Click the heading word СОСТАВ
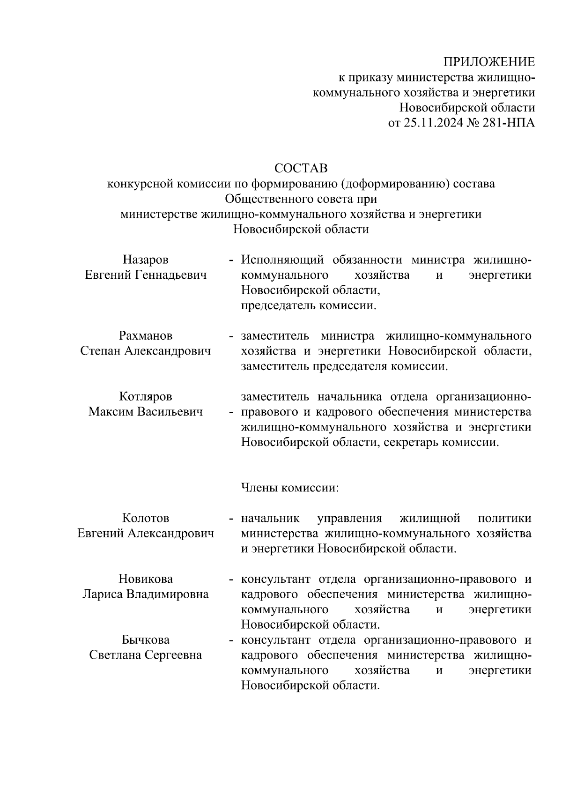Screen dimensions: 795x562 pyautogui.click(x=301, y=168)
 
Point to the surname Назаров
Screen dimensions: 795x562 pyautogui.click(x=146, y=260)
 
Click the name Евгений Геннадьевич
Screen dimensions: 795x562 pyautogui.click(x=146, y=275)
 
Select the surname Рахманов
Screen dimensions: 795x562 pyautogui.click(x=146, y=336)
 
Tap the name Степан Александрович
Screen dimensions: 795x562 pyautogui.click(x=146, y=351)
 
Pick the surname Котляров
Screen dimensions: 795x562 pyautogui.click(x=146, y=397)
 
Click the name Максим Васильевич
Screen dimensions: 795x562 pyautogui.click(x=146, y=412)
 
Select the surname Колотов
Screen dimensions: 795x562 pyautogui.click(x=146, y=518)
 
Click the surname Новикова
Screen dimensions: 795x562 pyautogui.click(x=146, y=579)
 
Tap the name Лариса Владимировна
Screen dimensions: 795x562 pyautogui.click(x=146, y=594)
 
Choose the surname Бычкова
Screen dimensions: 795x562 pyautogui.click(x=146, y=640)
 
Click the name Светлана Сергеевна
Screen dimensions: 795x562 pyautogui.click(x=146, y=655)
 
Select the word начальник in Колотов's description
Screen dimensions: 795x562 pyautogui.click(x=270, y=518)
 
